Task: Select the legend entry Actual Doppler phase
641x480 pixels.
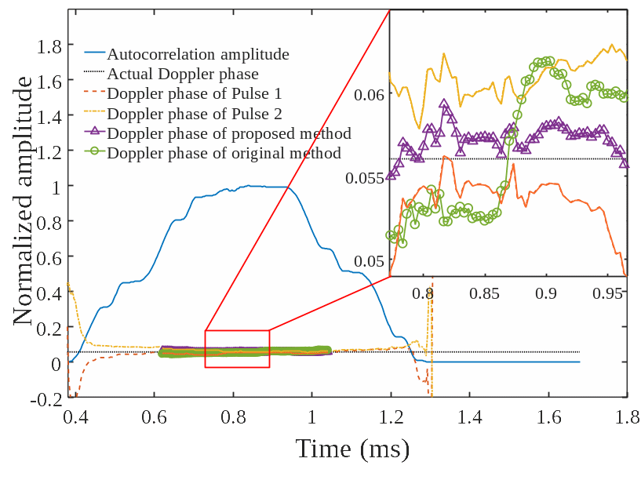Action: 183,75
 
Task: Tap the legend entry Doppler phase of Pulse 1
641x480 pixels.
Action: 194,94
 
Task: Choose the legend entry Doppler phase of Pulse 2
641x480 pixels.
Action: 194,114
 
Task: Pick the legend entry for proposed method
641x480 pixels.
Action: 228,133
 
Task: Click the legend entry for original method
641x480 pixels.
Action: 224,153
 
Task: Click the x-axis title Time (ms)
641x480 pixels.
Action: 353,449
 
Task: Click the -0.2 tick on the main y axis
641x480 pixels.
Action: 47,399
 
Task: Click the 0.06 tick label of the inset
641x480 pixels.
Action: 369,94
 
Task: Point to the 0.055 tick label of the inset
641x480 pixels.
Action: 364,177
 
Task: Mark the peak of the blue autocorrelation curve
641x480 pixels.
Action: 249,186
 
